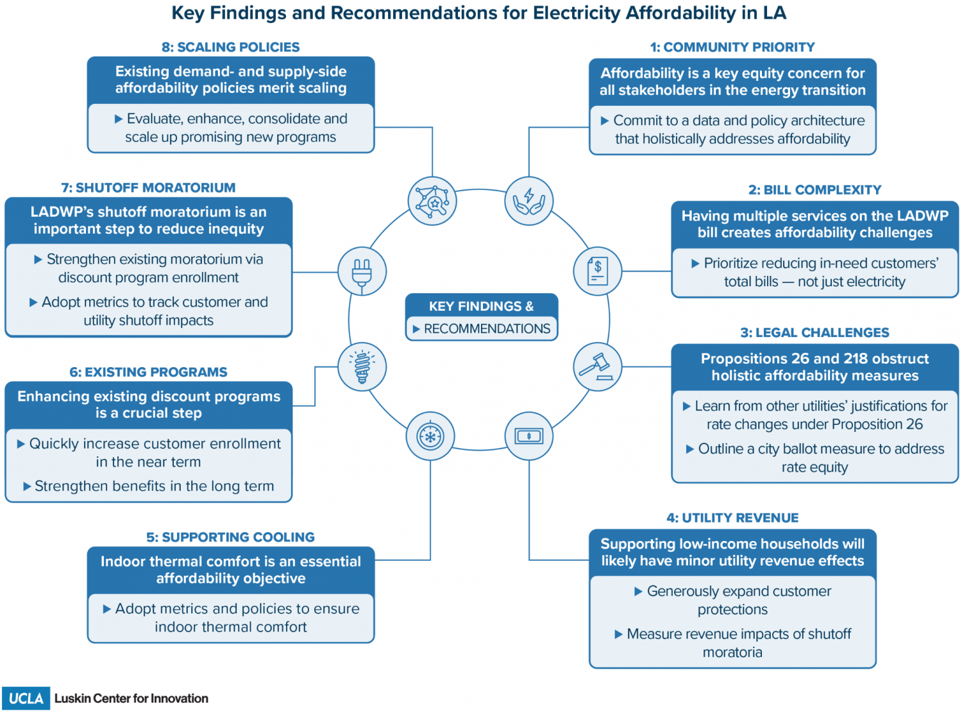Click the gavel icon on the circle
597,367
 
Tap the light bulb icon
362,367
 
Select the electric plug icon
362,271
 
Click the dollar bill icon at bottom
529,436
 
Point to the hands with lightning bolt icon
529,201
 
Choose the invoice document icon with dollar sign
598,271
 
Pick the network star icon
432,201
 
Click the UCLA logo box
26,698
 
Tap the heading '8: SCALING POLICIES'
231,47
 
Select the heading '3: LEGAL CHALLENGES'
814,332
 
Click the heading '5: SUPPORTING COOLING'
231,537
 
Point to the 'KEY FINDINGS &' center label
481,306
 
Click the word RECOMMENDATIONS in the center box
487,329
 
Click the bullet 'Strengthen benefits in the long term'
154,486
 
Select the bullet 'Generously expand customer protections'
733,600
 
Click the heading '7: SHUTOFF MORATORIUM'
148,188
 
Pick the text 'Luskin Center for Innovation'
131,698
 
